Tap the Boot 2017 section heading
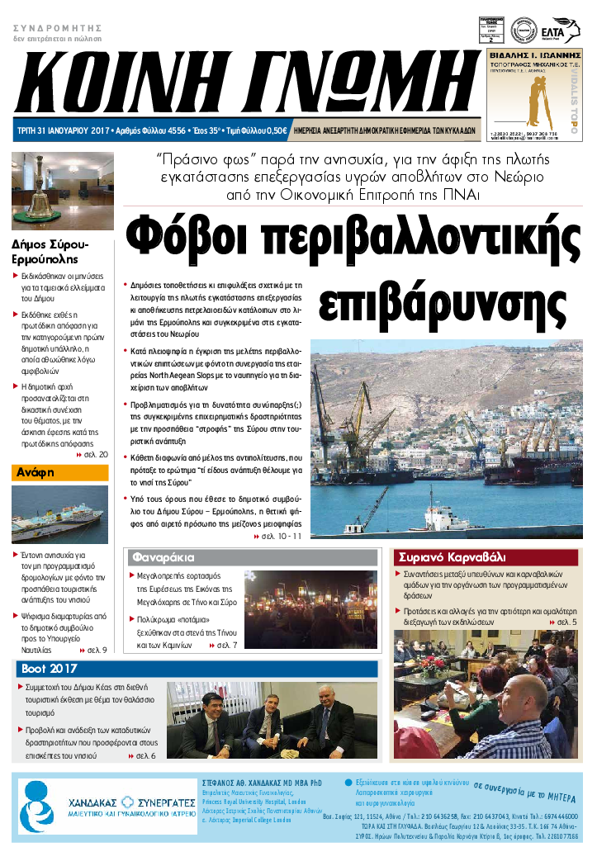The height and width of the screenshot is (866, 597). click(x=50, y=669)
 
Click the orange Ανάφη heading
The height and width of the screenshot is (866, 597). click(x=34, y=473)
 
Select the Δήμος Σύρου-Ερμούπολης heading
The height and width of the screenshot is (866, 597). click(x=50, y=252)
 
